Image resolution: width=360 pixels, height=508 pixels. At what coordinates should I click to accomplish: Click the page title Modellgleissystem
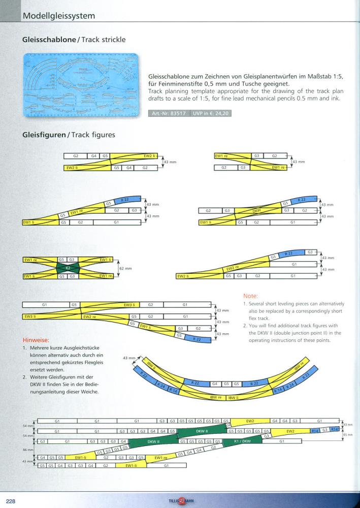coord(59,16)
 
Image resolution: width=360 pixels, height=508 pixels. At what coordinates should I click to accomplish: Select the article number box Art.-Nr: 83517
coord(170,113)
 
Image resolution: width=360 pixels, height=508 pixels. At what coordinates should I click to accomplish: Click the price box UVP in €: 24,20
coord(211,113)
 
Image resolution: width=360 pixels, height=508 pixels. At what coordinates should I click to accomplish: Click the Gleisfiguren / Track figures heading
coord(69,135)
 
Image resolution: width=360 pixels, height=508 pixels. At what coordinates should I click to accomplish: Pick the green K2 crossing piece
coord(68,268)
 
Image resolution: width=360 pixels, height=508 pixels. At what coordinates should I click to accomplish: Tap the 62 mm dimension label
coord(125,268)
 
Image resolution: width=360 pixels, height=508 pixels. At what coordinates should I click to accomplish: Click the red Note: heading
coord(250,296)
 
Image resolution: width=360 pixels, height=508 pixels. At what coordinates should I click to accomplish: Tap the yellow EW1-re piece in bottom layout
coord(161,458)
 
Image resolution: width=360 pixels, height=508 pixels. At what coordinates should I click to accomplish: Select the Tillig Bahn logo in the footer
coord(181,500)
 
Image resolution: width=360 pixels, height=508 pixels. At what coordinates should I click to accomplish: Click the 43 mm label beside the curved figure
coord(128,359)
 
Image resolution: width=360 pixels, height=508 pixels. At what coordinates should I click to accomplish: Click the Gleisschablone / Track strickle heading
coord(74,39)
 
